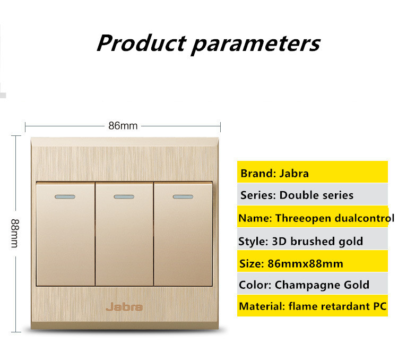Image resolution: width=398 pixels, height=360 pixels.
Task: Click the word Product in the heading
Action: [x=142, y=43]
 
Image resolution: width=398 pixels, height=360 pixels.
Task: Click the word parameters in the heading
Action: [x=256, y=45]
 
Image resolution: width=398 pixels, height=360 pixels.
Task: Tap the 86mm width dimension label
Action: [x=123, y=126]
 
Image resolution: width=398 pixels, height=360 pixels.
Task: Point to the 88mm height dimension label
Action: [x=15, y=233]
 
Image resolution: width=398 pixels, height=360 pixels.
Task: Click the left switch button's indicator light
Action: [x=65, y=196]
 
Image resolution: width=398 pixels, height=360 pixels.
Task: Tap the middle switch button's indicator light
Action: [x=124, y=196]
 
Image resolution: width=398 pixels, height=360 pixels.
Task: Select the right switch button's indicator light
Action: [x=183, y=196]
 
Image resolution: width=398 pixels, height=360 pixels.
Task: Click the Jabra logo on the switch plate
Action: [x=124, y=307]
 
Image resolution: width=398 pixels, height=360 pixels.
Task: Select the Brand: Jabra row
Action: [x=313, y=172]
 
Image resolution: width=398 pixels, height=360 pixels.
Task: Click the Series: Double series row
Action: [x=313, y=194]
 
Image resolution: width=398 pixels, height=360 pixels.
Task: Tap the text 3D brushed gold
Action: [x=317, y=241]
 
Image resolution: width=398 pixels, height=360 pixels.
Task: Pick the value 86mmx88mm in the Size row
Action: [x=305, y=263]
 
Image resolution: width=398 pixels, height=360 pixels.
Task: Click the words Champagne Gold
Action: [x=322, y=285]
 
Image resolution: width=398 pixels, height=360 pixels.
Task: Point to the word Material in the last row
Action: [x=262, y=306]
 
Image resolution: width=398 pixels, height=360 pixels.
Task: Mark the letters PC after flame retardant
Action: [x=380, y=306]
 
